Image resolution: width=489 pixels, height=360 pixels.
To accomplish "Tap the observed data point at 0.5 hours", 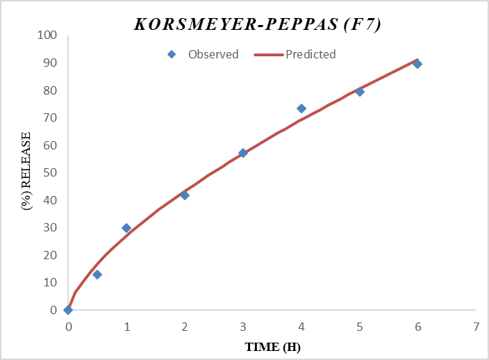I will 97,275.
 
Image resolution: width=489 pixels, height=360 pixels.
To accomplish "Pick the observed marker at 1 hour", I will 126,228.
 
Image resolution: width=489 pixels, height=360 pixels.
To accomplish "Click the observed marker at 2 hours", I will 185,195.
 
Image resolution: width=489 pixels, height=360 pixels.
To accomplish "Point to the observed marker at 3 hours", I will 243,153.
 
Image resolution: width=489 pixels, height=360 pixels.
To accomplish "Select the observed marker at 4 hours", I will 301,108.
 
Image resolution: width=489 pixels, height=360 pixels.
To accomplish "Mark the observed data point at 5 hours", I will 360,92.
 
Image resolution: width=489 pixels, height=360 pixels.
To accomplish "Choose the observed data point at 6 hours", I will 417,64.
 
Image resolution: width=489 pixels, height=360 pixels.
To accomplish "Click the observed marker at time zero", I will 68,310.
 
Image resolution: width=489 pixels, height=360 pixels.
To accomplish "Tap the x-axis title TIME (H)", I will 272,347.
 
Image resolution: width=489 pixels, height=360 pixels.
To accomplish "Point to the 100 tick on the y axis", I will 47,35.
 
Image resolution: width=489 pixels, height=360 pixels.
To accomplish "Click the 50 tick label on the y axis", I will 50,172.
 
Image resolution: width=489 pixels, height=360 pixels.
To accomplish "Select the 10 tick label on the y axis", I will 50,282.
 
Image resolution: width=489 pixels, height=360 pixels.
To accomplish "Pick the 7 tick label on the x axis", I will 476,326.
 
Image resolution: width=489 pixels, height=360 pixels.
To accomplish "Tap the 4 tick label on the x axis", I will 301,326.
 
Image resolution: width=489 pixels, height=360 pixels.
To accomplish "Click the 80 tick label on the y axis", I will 50,90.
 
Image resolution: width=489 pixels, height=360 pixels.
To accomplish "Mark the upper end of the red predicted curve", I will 417,60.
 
